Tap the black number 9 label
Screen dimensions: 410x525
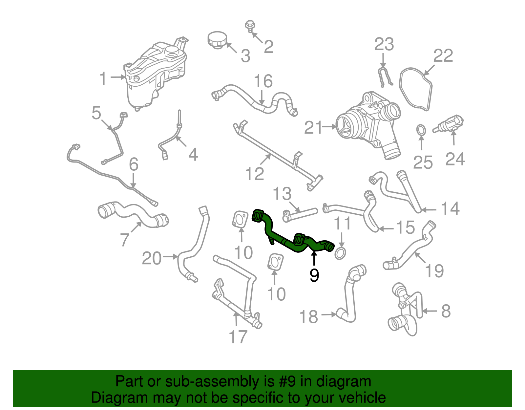(x=314, y=275)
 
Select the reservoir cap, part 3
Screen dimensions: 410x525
(x=217, y=40)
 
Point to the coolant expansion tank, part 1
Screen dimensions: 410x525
(x=154, y=76)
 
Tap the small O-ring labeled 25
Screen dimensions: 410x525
(x=421, y=130)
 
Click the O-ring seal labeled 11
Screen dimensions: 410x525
(x=340, y=253)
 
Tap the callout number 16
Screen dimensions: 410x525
(x=263, y=81)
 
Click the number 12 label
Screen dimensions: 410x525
(x=255, y=174)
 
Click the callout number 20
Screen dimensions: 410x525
(x=152, y=258)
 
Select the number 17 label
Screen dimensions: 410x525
(x=238, y=337)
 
